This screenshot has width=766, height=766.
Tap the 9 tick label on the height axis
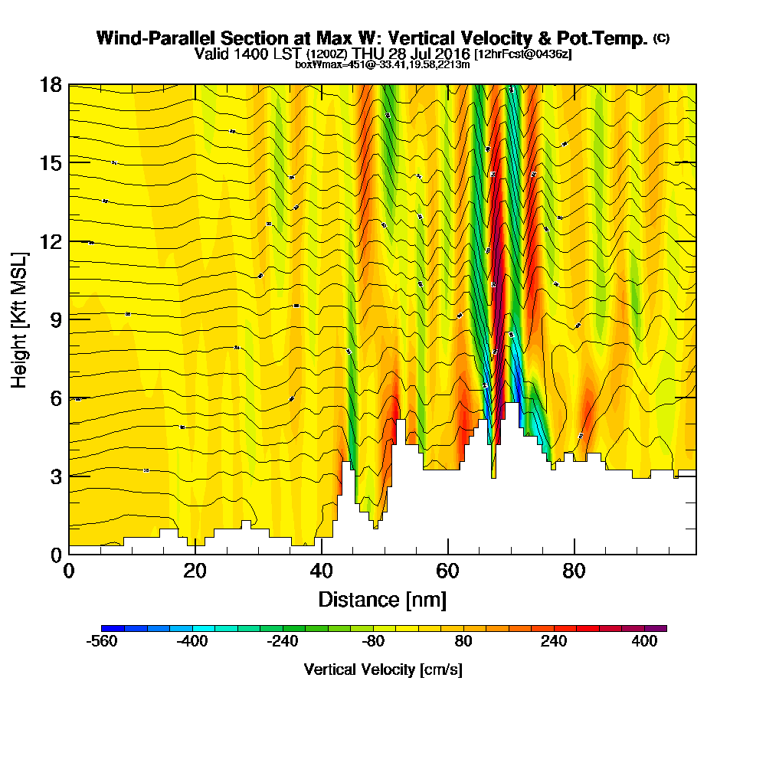point(54,319)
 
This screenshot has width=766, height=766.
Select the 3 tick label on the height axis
point(54,476)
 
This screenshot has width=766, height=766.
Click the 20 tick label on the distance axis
point(195,571)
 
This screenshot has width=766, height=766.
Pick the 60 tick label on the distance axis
point(447,571)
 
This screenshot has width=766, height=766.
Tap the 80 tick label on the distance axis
point(574,571)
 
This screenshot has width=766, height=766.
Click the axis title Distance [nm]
point(382,599)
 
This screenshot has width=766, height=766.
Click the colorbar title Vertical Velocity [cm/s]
point(383,669)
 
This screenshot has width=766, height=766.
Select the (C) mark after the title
point(661,38)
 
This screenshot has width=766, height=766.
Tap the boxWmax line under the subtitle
point(382,64)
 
